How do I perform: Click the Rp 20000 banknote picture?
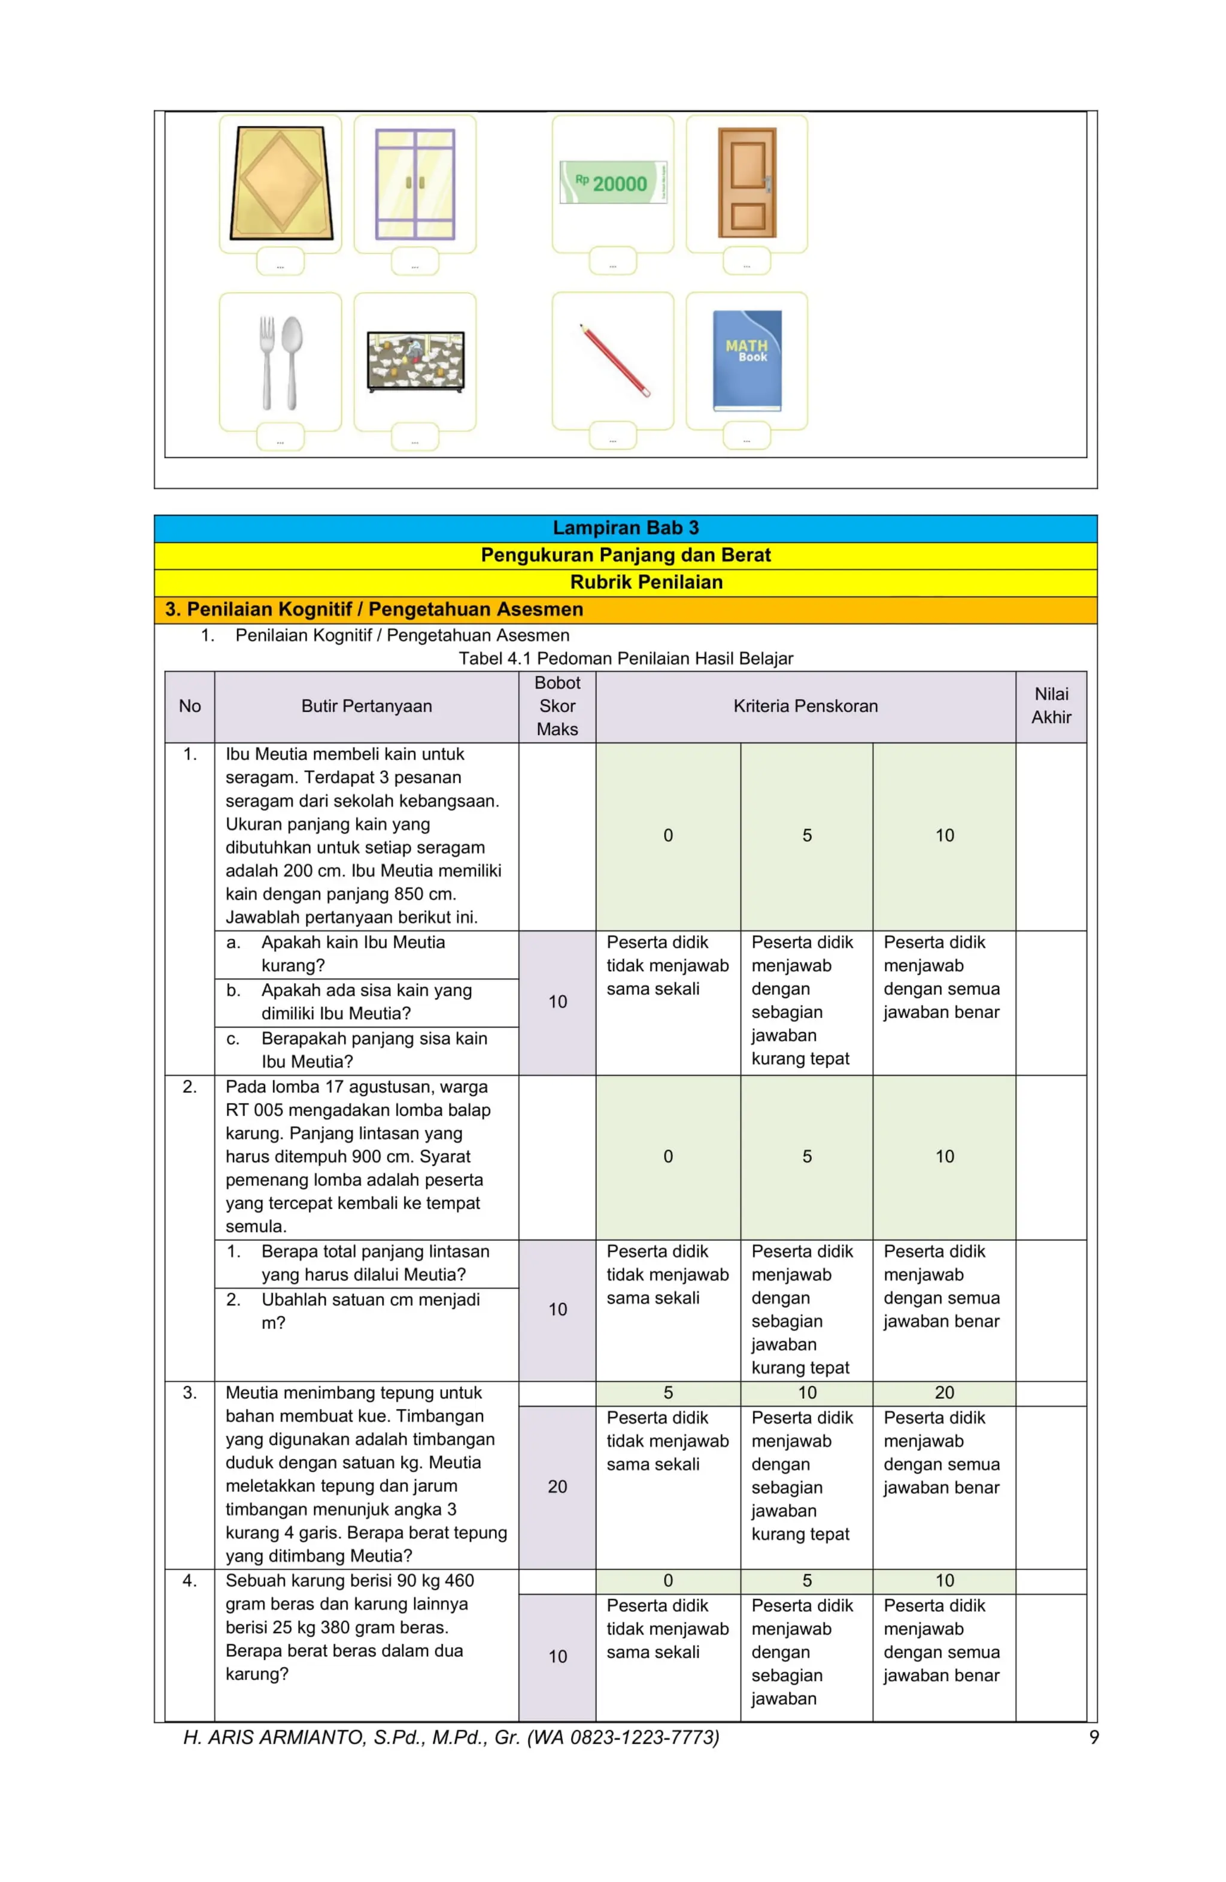tap(612, 182)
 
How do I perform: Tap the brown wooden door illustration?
tap(746, 182)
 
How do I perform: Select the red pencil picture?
tap(614, 360)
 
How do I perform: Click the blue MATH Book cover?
tap(746, 360)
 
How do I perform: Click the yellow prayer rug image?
tap(280, 183)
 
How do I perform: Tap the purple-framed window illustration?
tap(415, 183)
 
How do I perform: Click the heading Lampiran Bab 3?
tap(625, 528)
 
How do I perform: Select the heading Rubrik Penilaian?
tap(646, 582)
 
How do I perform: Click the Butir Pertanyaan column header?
tap(366, 706)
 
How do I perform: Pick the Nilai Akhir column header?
tap(1051, 705)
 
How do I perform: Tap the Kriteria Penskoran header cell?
tap(805, 706)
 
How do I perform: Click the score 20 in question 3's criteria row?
tap(944, 1393)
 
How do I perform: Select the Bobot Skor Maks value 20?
tap(557, 1487)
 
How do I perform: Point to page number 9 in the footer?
tap(1093, 1737)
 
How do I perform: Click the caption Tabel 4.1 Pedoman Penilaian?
tap(625, 658)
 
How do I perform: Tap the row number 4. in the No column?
tap(190, 1581)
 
